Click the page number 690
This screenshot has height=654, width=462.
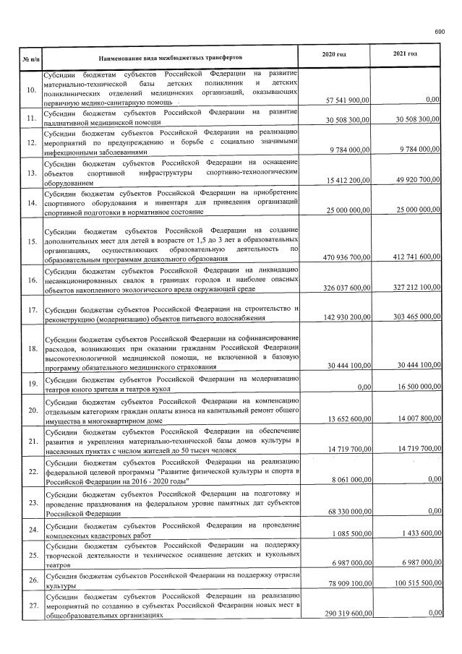point(439,32)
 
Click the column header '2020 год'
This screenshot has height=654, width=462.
point(334,54)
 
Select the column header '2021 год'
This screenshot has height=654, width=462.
point(405,54)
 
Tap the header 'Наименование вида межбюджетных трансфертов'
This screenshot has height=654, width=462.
point(171,56)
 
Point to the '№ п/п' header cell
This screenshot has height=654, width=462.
point(30,57)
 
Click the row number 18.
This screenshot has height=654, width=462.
point(31,348)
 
